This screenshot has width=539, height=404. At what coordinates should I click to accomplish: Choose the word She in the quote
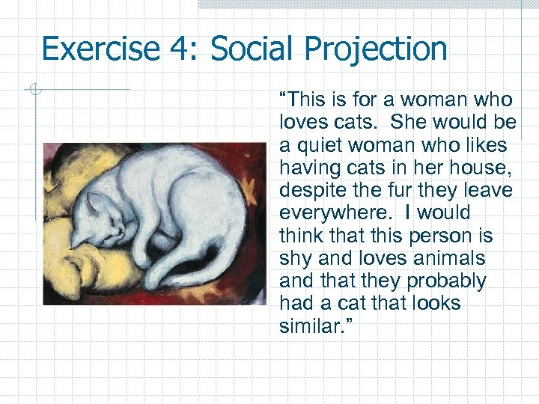(407, 122)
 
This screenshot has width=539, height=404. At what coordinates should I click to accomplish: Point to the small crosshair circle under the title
(34, 91)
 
